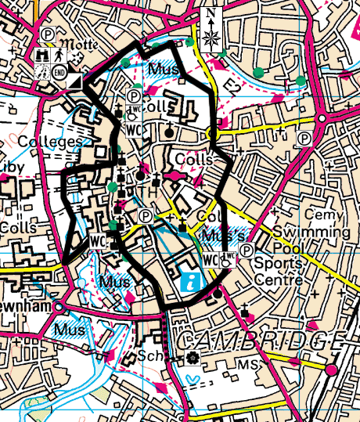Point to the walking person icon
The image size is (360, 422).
(59, 56)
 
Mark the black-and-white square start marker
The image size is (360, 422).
(76, 81)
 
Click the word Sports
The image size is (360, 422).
(275, 264)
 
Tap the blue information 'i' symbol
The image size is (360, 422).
(189, 282)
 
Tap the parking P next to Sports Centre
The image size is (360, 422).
(247, 251)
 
